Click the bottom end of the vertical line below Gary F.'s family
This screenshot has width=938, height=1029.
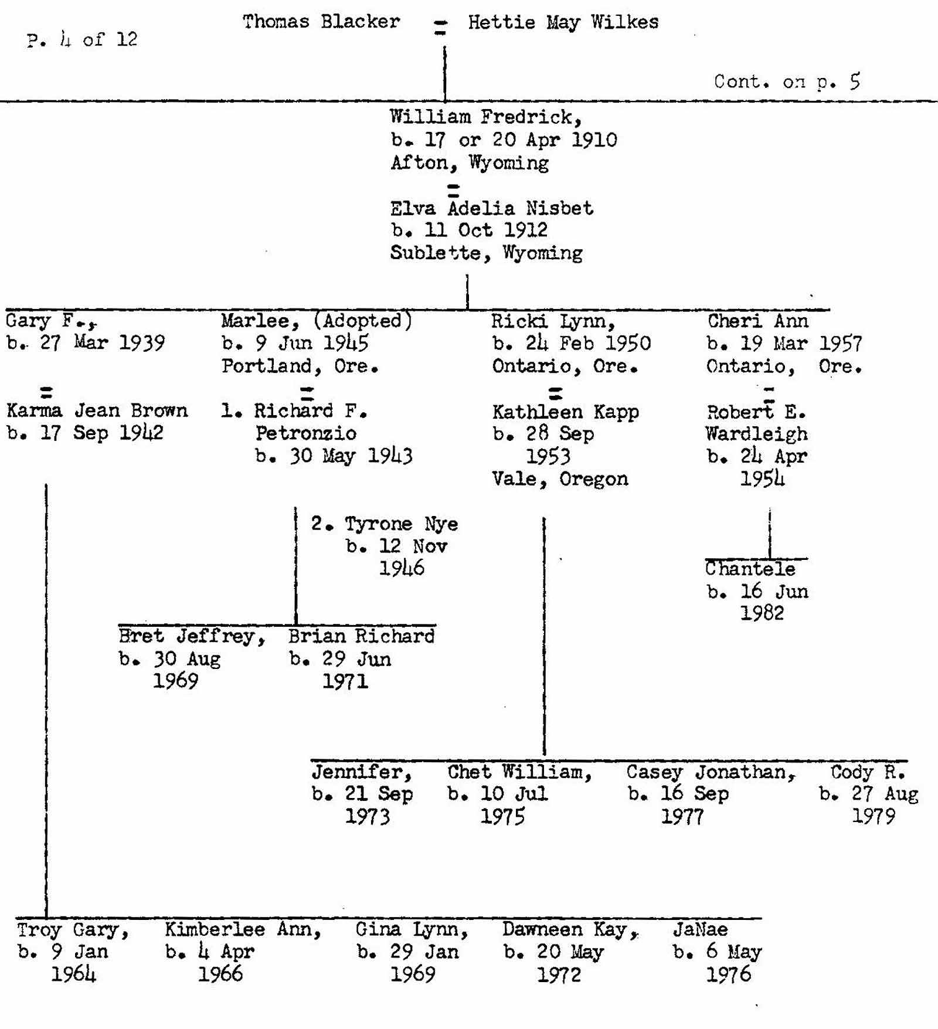click(46, 918)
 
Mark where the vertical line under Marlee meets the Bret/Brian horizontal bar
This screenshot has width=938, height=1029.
click(295, 625)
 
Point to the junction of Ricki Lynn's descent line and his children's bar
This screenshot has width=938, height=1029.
click(544, 760)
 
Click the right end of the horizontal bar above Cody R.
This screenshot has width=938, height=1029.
click(908, 760)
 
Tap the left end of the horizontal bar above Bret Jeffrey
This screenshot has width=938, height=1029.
click(118, 625)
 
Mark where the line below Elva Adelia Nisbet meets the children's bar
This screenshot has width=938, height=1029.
click(467, 309)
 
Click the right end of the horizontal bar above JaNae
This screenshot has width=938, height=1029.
click(762, 918)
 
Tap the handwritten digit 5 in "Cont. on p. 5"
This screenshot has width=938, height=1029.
click(855, 81)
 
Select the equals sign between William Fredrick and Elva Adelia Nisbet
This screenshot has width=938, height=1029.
click(453, 189)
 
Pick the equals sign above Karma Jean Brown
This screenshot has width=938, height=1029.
click(46, 392)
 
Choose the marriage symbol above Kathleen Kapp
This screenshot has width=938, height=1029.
click(555, 393)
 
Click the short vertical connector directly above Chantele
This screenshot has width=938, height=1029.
click(770, 534)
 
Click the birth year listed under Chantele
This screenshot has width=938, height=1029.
click(762, 613)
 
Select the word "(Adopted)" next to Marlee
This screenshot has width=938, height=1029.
click(363, 320)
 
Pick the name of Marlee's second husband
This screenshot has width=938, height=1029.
click(402, 524)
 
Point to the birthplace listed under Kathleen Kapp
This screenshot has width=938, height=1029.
click(560, 479)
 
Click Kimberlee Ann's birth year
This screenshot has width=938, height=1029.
click(220, 974)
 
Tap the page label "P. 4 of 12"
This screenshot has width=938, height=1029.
click(82, 39)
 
